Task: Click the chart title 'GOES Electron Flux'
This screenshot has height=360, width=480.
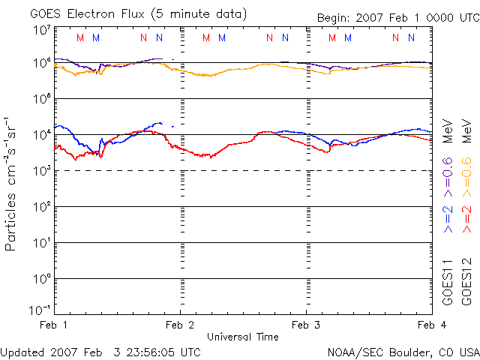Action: tap(89, 14)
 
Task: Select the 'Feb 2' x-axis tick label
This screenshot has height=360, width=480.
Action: tap(180, 325)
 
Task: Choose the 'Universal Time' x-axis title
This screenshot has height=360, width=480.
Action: tap(243, 337)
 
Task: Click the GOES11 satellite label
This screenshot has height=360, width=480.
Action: tap(448, 282)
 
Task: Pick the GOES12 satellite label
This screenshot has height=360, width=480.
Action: tap(466, 282)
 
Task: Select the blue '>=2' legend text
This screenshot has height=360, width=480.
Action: tap(448, 217)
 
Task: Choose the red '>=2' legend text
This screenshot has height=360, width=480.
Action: tap(466, 217)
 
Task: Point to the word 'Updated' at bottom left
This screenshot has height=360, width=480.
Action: tap(23, 352)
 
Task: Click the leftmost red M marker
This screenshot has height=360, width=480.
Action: tap(81, 37)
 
